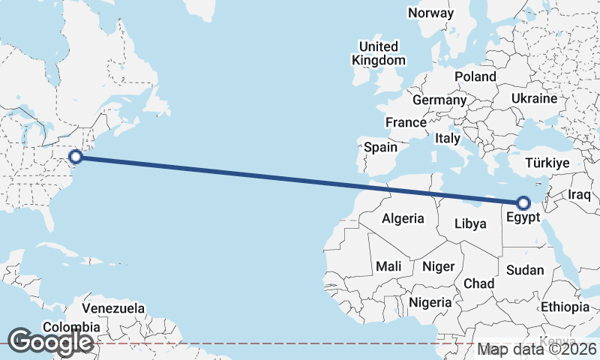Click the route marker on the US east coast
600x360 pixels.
pyautogui.click(x=76, y=157)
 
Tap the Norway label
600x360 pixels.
pyautogui.click(x=430, y=13)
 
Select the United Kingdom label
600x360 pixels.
pyautogui.click(x=380, y=53)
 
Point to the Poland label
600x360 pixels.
pyautogui.click(x=475, y=76)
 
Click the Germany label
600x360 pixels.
pyautogui.click(x=439, y=100)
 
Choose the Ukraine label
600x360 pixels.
pyautogui.click(x=534, y=98)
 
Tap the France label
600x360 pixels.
pyautogui.click(x=406, y=122)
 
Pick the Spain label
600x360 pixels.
pyautogui.click(x=380, y=148)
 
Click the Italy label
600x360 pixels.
pyautogui.click(x=447, y=139)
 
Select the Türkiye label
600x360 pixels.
pyautogui.click(x=548, y=163)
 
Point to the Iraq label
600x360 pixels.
pyautogui.click(x=580, y=194)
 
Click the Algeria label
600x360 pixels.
pyautogui.click(x=403, y=219)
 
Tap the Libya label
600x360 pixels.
pyautogui.click(x=470, y=223)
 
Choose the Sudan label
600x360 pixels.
pyautogui.click(x=524, y=270)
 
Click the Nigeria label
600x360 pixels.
pyautogui.click(x=430, y=302)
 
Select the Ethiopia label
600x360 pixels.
pyautogui.click(x=565, y=307)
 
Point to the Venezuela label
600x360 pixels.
pyautogui.click(x=113, y=308)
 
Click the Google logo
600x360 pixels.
pyautogui.click(x=49, y=342)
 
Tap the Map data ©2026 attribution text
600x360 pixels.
pyautogui.click(x=538, y=349)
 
